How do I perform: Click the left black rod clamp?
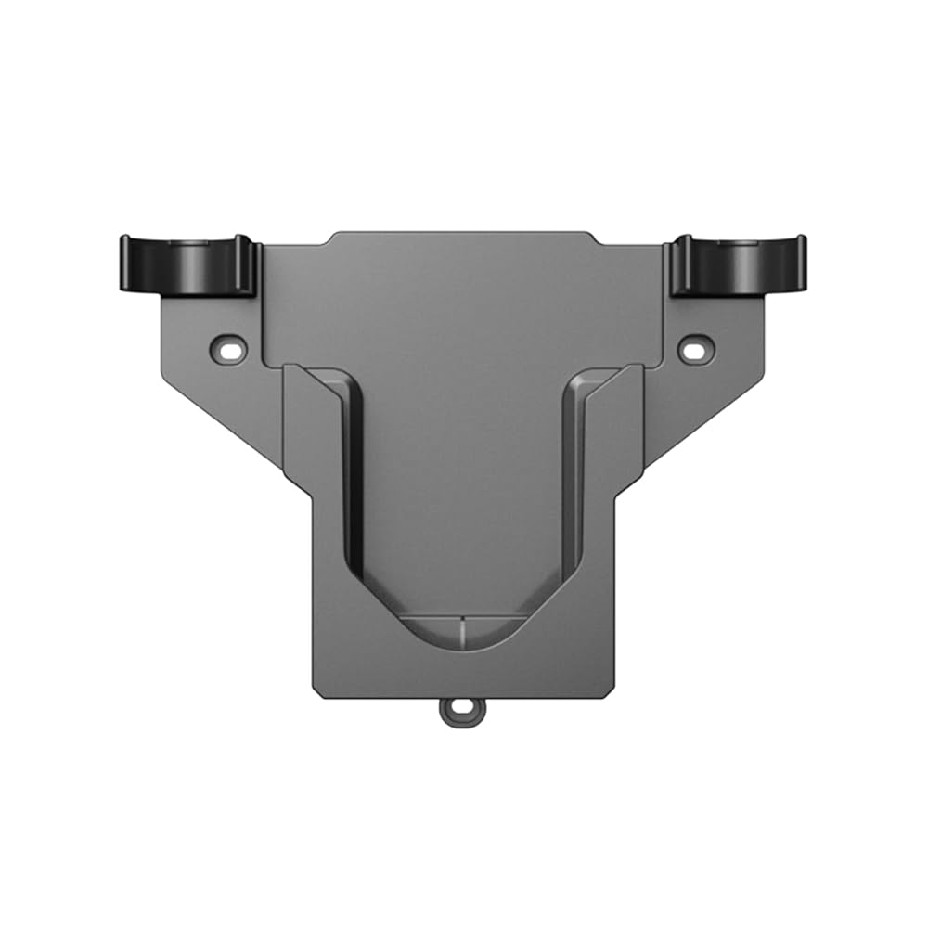[188, 265]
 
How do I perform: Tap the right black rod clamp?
[739, 265]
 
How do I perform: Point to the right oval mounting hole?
[692, 349]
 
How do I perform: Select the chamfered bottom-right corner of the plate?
[609, 692]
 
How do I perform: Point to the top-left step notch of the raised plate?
[327, 239]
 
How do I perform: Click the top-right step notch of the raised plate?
[596, 239]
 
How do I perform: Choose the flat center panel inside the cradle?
[460, 483]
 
